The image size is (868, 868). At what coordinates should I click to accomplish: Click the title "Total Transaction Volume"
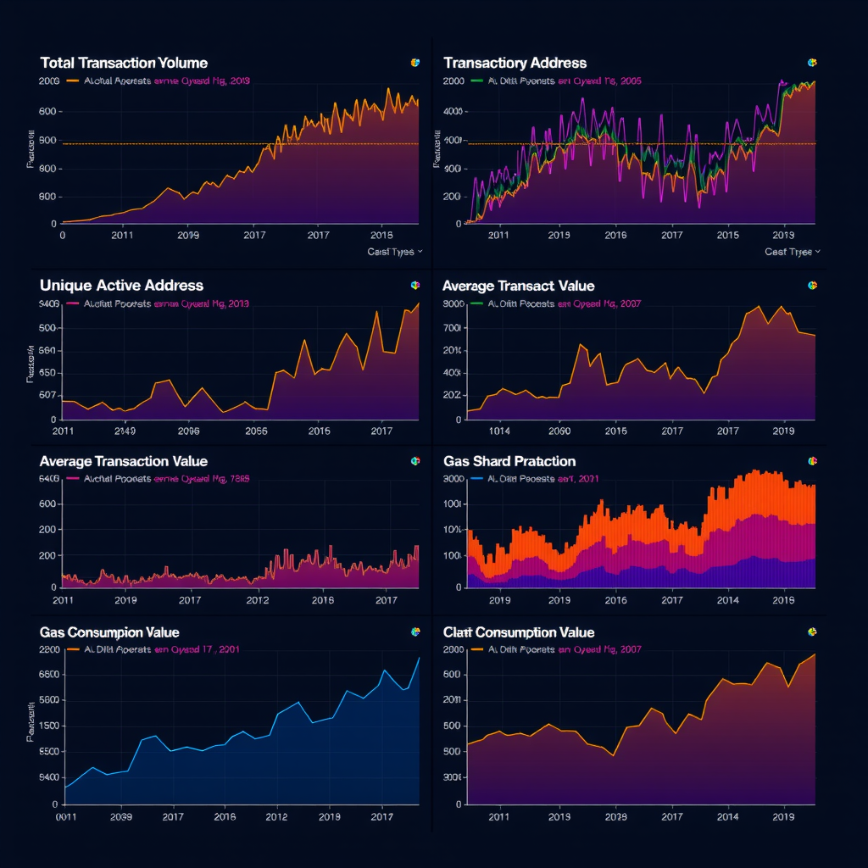click(x=123, y=63)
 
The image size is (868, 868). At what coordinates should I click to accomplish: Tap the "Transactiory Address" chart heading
click(x=515, y=63)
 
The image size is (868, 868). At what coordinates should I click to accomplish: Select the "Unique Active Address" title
click(x=121, y=286)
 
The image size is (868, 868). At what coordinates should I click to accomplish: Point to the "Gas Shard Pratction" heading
click(x=509, y=461)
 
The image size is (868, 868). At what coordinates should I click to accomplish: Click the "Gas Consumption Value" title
click(x=109, y=632)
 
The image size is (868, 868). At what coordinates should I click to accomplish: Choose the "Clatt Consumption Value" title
click(x=519, y=632)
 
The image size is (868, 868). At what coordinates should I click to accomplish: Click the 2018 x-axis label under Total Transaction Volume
click(x=382, y=235)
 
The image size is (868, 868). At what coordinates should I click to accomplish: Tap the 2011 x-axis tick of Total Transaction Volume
click(x=121, y=235)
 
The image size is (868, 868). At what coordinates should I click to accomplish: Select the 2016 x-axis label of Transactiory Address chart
click(x=615, y=235)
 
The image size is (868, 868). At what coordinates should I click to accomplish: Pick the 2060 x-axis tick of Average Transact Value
click(x=559, y=431)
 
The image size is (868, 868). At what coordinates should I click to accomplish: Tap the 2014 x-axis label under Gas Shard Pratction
click(x=728, y=600)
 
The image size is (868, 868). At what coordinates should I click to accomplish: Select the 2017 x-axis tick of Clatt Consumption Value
click(x=671, y=817)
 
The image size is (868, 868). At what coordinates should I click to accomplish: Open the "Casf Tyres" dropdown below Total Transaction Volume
click(x=395, y=252)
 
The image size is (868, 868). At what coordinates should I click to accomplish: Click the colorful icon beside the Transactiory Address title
click(x=811, y=63)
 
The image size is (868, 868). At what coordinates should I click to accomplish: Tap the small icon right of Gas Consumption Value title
click(x=415, y=632)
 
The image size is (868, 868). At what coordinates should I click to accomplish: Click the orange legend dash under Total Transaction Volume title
click(x=72, y=81)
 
